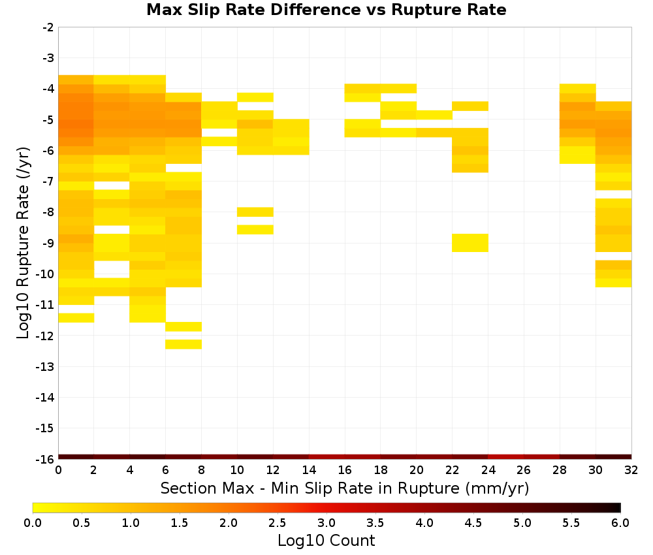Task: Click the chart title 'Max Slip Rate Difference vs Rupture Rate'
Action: click(x=326, y=10)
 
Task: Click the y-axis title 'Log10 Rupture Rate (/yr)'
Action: click(x=23, y=243)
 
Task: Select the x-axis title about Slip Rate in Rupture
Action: click(x=344, y=488)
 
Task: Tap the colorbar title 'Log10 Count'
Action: click(x=326, y=541)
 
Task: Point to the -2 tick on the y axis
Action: click(x=48, y=27)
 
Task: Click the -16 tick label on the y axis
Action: click(x=46, y=459)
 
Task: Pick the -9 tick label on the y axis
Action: click(x=48, y=243)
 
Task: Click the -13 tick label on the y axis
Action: click(x=46, y=366)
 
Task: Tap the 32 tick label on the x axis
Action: click(x=631, y=470)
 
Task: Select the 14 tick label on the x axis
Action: click(x=309, y=470)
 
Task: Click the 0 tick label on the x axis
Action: click(x=58, y=470)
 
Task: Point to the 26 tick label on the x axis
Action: click(x=524, y=470)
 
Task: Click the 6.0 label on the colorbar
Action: click(x=620, y=523)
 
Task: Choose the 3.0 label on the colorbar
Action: click(x=326, y=523)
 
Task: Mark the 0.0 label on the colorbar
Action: click(x=33, y=523)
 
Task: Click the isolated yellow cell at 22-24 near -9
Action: click(x=470, y=243)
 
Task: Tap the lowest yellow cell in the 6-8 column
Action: click(x=183, y=344)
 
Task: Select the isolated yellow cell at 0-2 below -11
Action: click(x=76, y=318)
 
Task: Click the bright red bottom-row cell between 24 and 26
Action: click(x=505, y=457)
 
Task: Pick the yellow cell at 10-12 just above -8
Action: click(x=255, y=212)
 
